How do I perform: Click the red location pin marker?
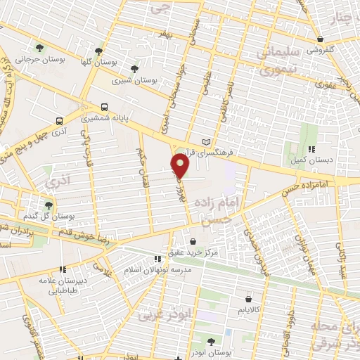point(181,166)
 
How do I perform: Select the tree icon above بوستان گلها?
point(99,51)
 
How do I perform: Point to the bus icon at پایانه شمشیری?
point(104,107)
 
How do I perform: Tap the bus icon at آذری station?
point(59,120)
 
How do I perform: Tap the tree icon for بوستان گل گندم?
point(49,205)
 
